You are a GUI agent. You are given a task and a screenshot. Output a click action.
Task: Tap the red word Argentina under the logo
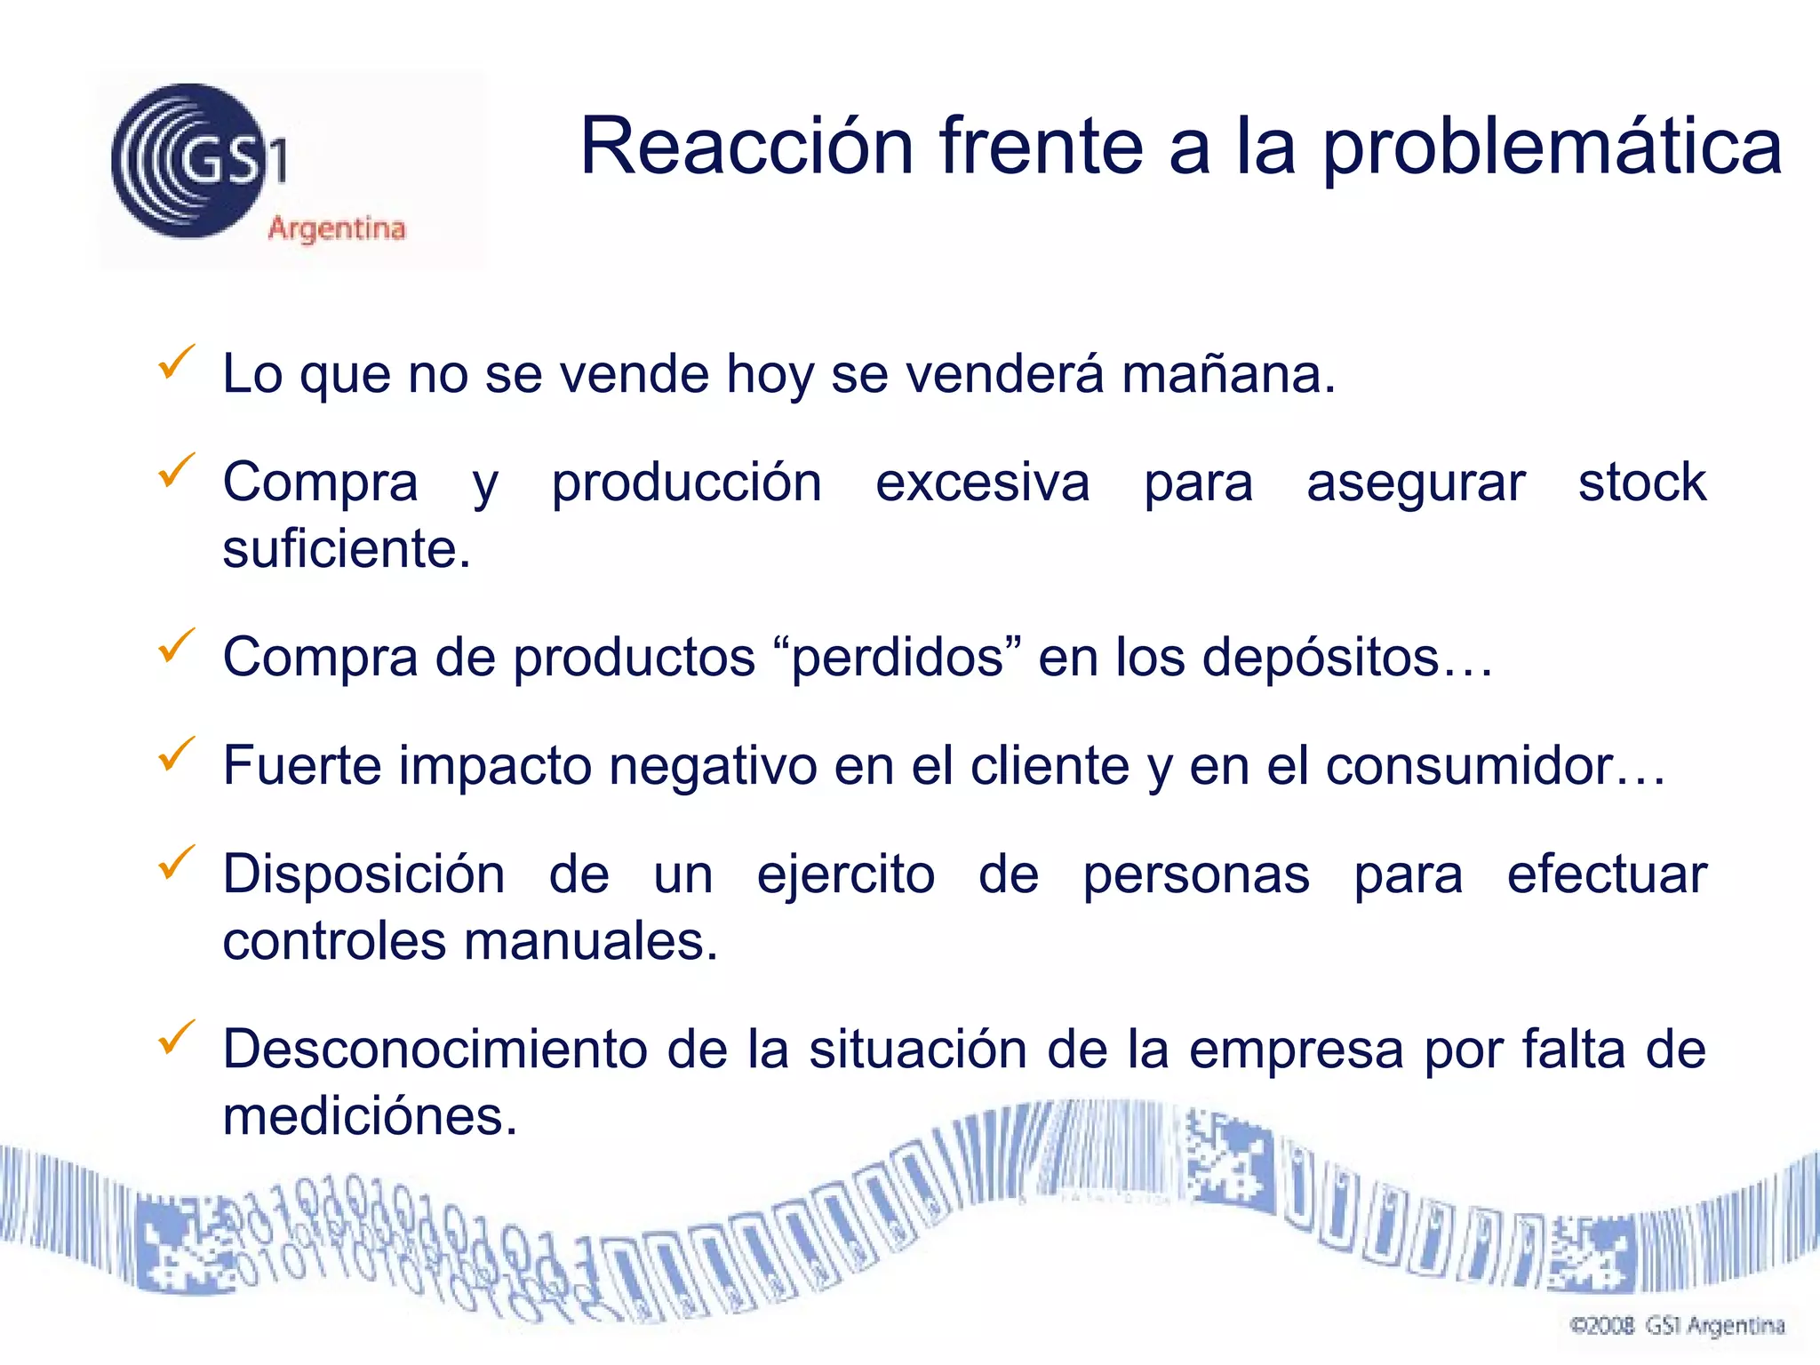pos(337,228)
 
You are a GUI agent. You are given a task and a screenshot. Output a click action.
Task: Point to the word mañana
pos(1228,374)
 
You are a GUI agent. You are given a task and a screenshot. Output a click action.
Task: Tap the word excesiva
pos(982,483)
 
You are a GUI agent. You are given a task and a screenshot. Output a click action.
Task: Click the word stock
pos(1641,483)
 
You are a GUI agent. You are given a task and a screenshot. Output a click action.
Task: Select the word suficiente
pos(347,549)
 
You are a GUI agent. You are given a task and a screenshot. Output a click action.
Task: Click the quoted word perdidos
pos(898,658)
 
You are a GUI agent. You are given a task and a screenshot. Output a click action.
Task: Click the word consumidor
pos(1493,766)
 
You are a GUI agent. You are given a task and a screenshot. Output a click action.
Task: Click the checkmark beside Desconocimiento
pos(176,1037)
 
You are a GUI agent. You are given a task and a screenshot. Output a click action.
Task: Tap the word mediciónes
pos(370,1117)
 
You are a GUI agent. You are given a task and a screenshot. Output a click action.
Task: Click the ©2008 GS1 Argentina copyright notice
pos(1677,1326)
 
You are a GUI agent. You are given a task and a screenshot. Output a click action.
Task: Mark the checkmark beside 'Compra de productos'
pos(176,645)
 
